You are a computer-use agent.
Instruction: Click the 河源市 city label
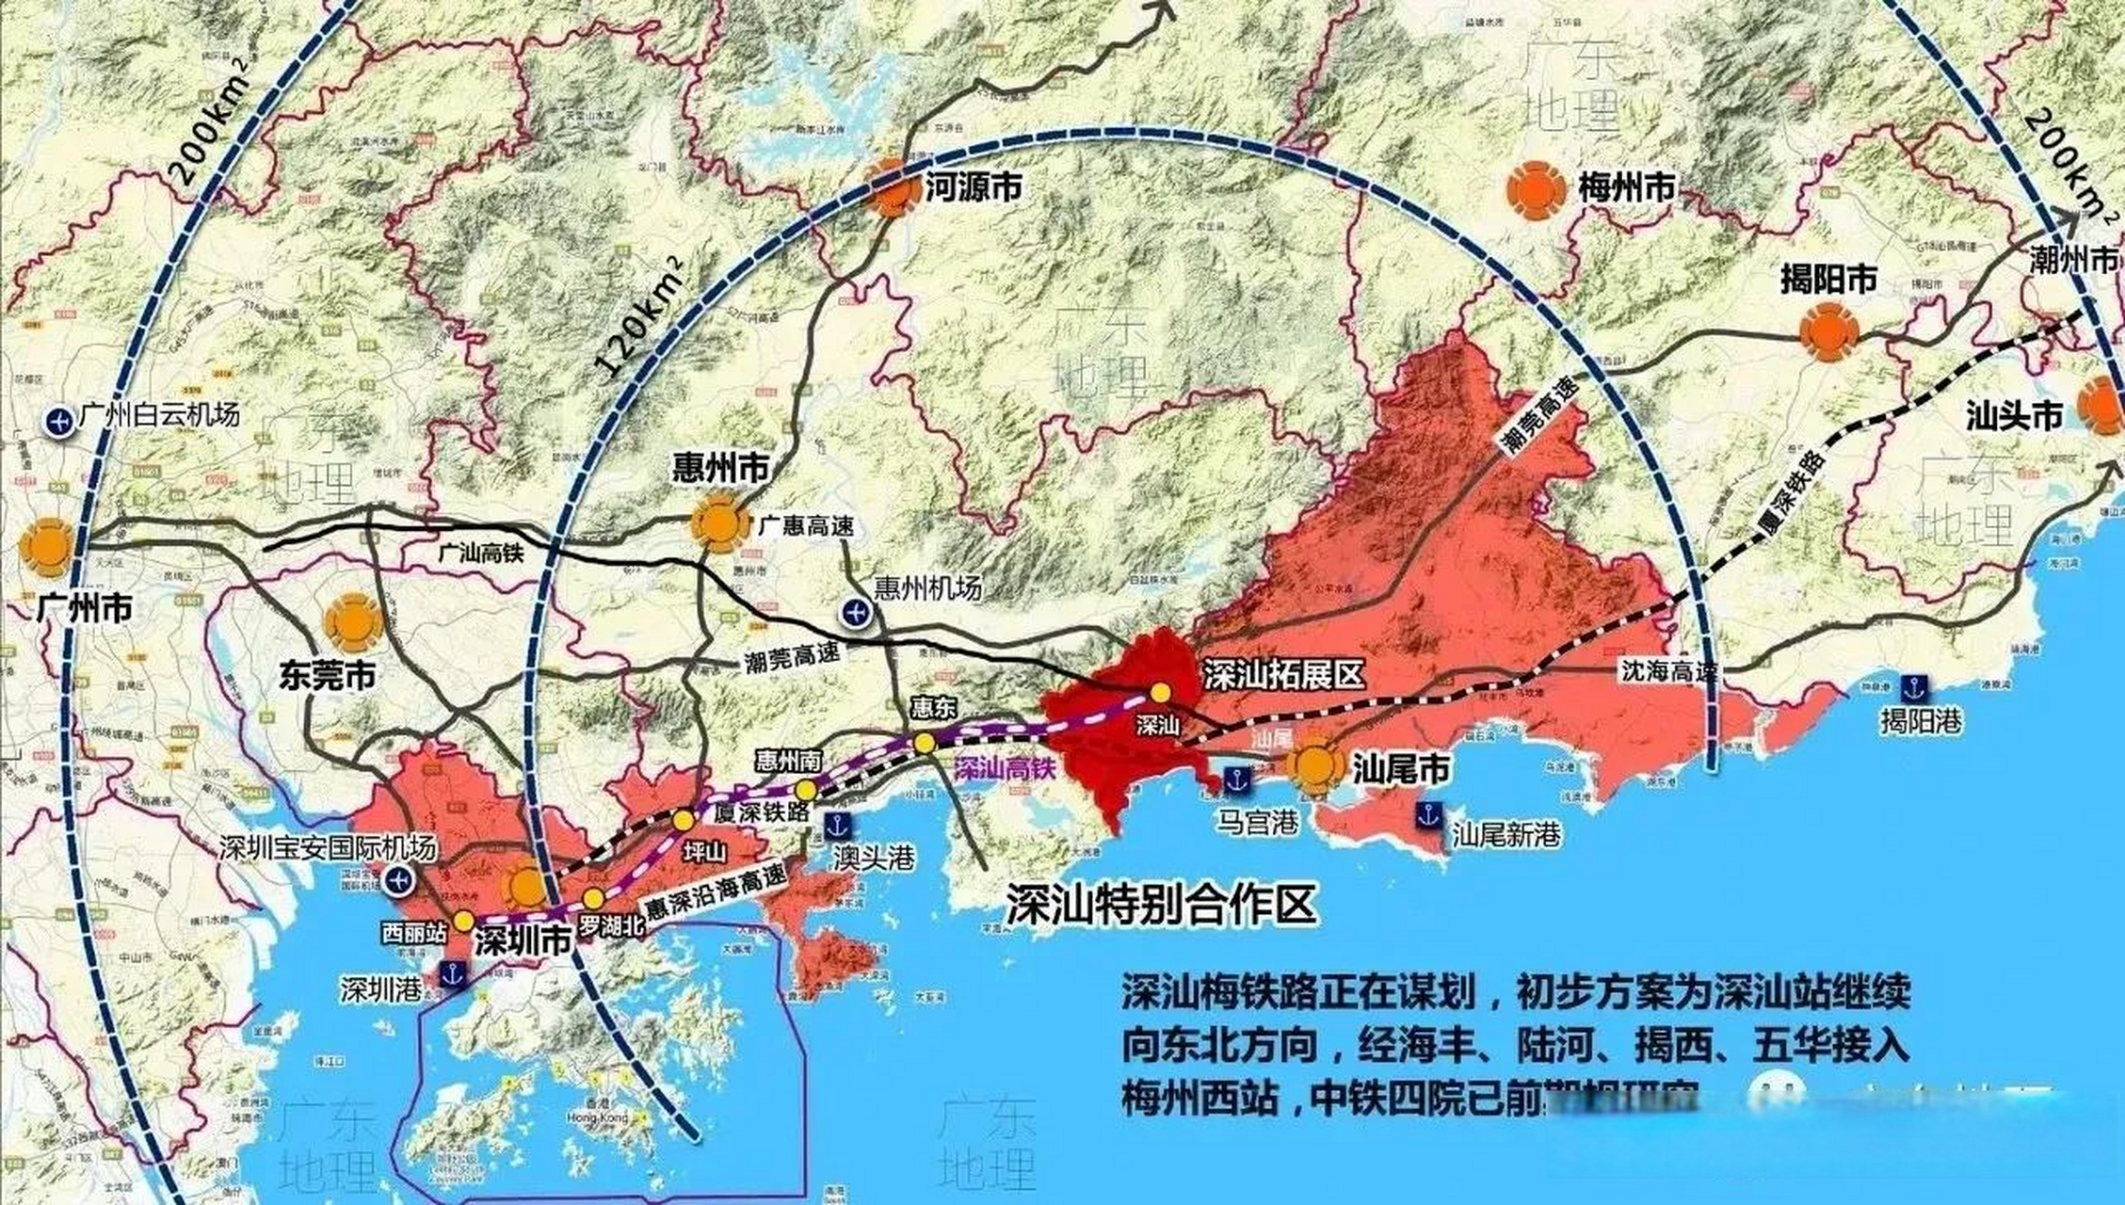(974, 188)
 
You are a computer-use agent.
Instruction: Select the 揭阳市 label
(1828, 279)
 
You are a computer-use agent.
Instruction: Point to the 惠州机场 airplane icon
(855, 614)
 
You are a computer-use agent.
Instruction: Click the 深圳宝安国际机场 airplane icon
(399, 881)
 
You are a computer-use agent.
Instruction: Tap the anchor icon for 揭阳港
(1914, 688)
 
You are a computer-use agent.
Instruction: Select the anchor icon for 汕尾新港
(1429, 815)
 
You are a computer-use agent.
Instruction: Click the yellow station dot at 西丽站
(463, 920)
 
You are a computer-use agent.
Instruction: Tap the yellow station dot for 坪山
(684, 820)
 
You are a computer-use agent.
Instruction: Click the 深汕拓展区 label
(1284, 674)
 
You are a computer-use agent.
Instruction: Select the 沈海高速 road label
(1669, 671)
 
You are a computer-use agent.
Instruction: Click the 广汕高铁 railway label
(481, 554)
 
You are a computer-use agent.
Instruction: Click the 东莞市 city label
(327, 675)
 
